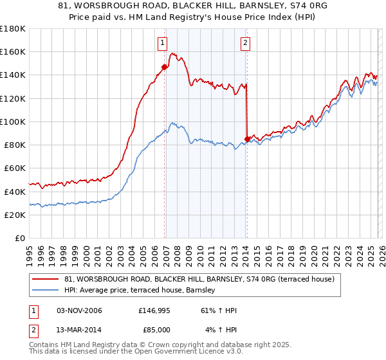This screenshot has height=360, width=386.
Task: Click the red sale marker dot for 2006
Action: point(165,66)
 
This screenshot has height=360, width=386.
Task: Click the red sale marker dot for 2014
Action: point(248,139)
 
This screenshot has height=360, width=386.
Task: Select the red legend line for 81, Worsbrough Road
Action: point(46,280)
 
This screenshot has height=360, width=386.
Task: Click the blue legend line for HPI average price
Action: point(46,291)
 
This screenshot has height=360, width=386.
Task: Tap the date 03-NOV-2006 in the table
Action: point(79,311)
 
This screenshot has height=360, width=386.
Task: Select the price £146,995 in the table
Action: point(154,311)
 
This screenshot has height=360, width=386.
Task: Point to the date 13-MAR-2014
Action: point(79,330)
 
